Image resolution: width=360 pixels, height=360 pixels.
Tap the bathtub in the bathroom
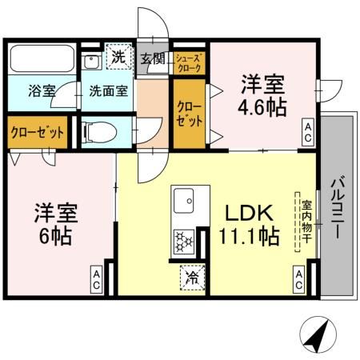[42, 59]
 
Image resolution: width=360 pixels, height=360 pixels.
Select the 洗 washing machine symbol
[118, 57]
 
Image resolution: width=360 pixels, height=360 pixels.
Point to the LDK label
[250, 213]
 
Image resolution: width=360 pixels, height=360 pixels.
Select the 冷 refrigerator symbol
[193, 278]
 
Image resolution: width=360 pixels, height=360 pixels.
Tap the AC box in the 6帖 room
[95, 278]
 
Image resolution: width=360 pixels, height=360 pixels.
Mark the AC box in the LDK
[298, 278]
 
